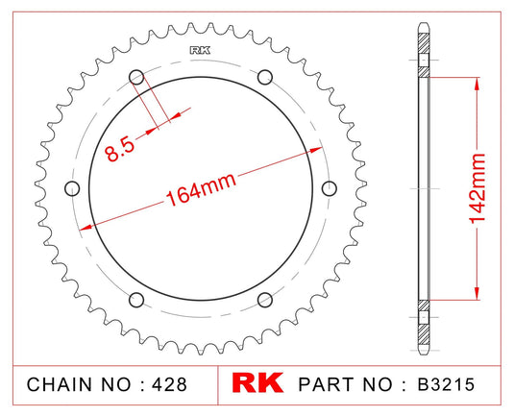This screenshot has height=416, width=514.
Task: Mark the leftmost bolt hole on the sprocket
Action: point(71,187)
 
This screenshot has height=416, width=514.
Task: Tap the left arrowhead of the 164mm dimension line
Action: point(85,227)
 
